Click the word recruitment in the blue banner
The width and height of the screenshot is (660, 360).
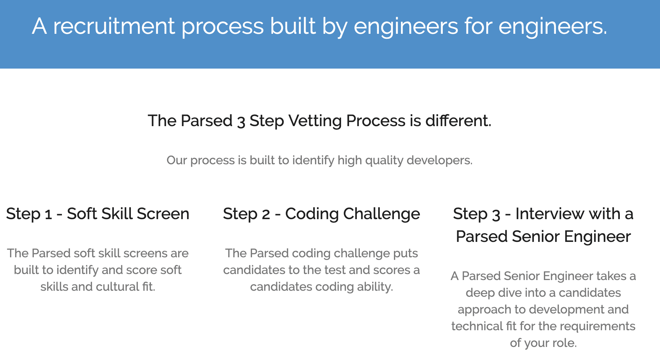tap(114, 26)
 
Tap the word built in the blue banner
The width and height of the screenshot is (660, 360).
tap(293, 26)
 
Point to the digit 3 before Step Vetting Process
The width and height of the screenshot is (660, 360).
tap(241, 122)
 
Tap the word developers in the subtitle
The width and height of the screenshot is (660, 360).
tap(439, 161)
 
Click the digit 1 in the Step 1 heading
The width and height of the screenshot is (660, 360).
tap(49, 214)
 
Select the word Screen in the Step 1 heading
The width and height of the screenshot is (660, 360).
tap(163, 214)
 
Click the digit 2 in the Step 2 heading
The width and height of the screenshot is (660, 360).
tap(266, 214)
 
